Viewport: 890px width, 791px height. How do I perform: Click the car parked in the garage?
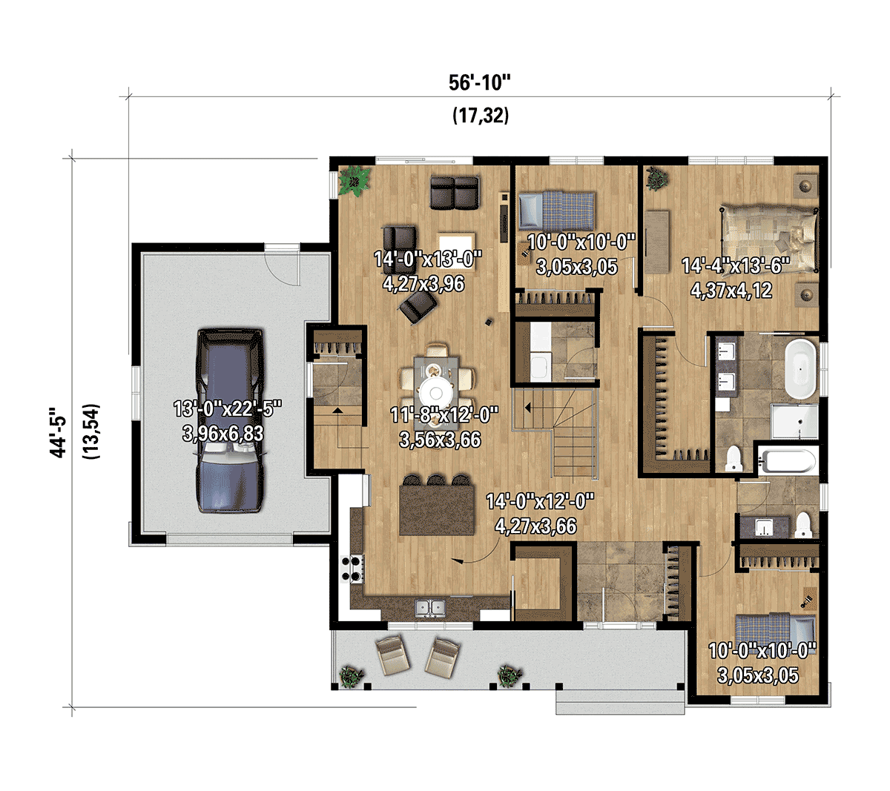point(230,420)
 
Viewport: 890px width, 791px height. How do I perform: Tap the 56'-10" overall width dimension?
point(480,82)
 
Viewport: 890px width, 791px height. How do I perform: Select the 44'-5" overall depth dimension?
point(59,433)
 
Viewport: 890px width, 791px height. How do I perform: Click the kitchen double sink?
point(430,609)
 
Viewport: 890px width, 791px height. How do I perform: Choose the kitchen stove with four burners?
point(352,569)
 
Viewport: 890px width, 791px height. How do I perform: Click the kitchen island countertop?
point(437,509)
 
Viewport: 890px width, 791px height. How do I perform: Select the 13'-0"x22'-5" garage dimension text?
point(228,408)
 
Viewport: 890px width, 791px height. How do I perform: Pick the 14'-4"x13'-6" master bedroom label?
point(736,265)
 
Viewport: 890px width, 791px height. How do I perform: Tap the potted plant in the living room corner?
point(354,180)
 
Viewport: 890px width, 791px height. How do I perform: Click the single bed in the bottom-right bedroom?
point(775,629)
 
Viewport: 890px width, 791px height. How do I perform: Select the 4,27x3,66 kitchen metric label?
point(535,526)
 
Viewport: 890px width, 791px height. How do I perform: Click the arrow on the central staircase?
point(527,408)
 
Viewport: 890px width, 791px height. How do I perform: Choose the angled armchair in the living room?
point(418,305)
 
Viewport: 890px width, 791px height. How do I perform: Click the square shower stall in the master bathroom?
point(794,421)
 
